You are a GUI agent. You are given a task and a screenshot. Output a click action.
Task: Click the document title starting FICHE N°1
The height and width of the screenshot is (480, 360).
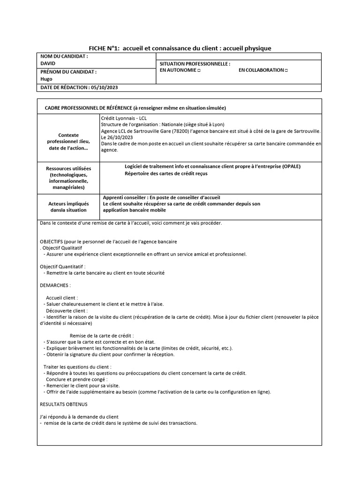[x=180, y=48]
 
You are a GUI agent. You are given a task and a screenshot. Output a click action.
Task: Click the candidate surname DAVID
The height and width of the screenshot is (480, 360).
[x=48, y=63]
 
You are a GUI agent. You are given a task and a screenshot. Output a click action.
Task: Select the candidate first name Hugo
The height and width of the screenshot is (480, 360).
[x=47, y=79]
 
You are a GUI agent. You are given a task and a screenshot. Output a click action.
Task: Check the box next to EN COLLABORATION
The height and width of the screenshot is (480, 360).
[x=286, y=70]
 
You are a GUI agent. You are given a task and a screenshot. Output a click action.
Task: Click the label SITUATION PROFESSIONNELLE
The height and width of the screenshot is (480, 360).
[x=195, y=63]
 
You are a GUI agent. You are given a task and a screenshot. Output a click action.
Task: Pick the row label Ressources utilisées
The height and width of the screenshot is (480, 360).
[x=68, y=168]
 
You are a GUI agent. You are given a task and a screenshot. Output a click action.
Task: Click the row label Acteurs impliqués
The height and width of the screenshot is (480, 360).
[x=68, y=204]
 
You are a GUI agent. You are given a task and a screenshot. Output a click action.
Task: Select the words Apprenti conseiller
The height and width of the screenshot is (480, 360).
[x=123, y=197]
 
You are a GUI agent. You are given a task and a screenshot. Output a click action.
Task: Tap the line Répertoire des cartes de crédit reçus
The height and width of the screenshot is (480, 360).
[x=165, y=173]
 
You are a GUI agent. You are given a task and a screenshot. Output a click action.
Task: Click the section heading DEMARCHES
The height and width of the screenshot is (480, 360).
[x=55, y=285]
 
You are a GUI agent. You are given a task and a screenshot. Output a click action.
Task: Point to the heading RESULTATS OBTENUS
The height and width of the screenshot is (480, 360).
[x=63, y=404]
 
